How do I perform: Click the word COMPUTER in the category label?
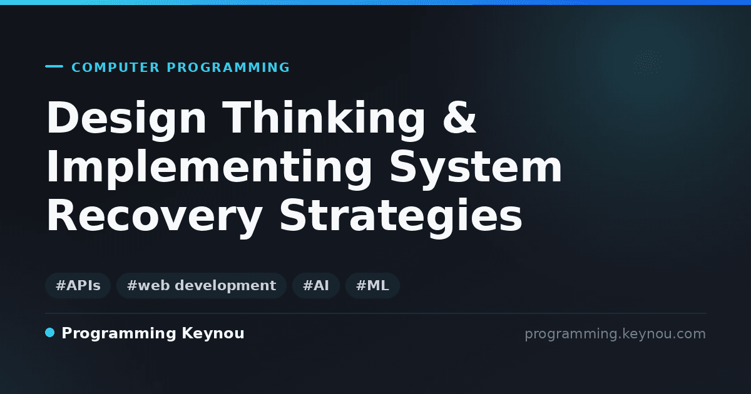coord(116,68)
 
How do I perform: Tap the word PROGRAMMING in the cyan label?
coord(228,68)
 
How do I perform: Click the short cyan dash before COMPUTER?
coord(54,66)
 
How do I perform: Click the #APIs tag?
coord(78,285)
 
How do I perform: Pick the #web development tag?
coord(202,285)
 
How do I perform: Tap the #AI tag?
coord(316,285)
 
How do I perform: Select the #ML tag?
coord(372,285)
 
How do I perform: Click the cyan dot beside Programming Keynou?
coord(49,333)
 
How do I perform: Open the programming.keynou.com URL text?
coord(615,334)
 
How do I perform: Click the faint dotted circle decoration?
coord(647,63)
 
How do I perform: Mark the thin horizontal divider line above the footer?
coord(376,313)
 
